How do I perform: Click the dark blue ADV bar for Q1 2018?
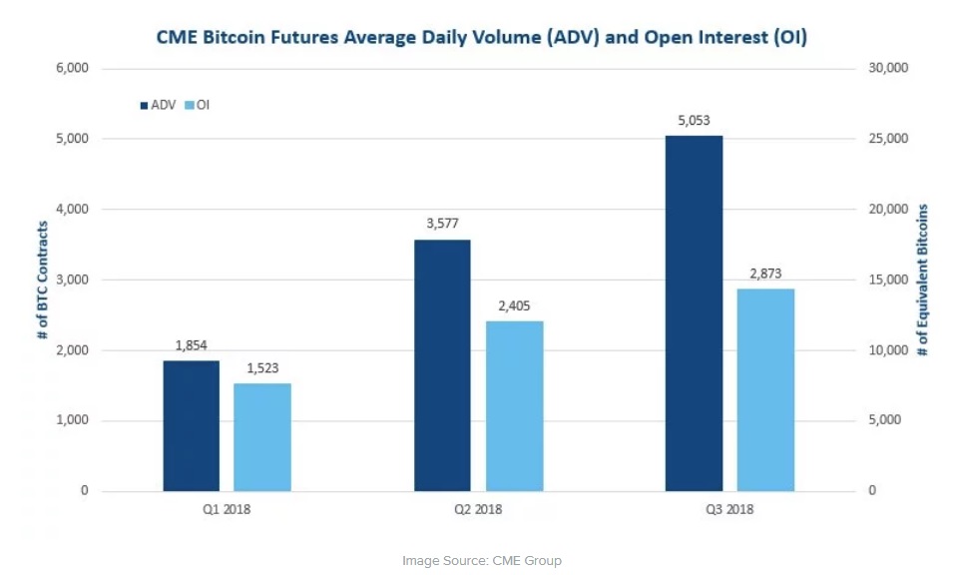tap(191, 426)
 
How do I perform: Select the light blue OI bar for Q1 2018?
tap(263, 437)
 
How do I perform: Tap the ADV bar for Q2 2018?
tap(442, 365)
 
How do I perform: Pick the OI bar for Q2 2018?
tap(515, 406)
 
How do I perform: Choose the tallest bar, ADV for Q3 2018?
tap(694, 313)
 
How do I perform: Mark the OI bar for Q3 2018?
tap(766, 390)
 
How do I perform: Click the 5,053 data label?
tap(694, 121)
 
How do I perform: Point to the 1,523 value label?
tap(263, 369)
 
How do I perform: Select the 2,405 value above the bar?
tap(515, 306)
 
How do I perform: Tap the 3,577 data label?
tap(442, 225)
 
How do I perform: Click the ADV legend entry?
tap(158, 104)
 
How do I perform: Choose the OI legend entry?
tap(196, 104)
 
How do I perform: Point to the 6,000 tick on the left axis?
tap(73, 68)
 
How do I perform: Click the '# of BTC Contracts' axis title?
tap(43, 280)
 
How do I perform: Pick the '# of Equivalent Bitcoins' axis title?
tap(924, 280)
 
